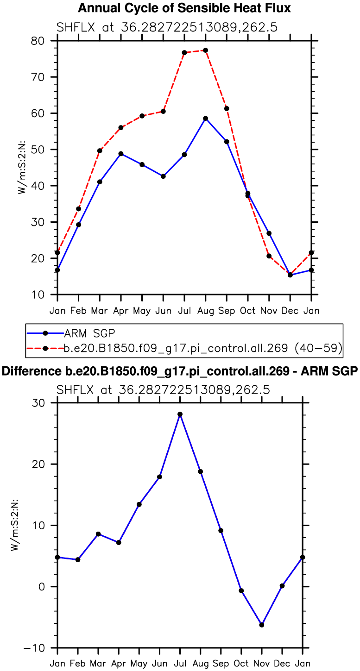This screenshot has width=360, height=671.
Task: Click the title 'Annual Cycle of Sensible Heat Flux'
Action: tap(184, 8)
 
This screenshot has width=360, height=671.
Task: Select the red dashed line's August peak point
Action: tap(205, 50)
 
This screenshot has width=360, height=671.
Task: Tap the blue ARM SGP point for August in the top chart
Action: tap(205, 119)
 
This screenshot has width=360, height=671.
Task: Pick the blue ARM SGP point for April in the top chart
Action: tap(121, 153)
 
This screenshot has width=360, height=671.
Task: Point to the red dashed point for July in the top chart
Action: tap(184, 52)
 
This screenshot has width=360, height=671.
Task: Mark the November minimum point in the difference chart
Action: tap(262, 625)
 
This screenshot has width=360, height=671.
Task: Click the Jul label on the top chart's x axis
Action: tap(184, 311)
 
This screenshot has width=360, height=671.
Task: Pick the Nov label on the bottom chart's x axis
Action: tap(262, 664)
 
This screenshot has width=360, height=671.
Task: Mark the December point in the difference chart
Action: tap(282, 586)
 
